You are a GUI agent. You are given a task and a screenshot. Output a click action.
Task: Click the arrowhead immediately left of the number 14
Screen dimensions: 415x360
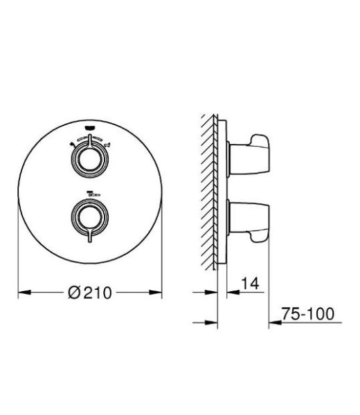(x=225, y=293)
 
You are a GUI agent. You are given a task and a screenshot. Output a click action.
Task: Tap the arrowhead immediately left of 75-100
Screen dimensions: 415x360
(x=274, y=322)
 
